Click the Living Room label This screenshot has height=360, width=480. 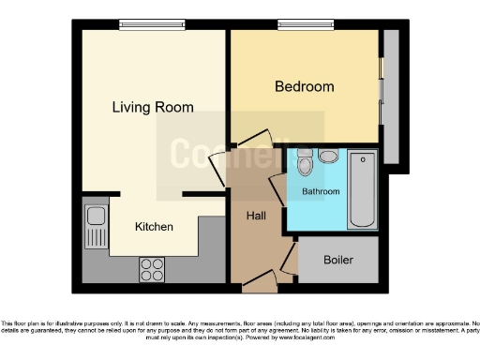click(x=153, y=107)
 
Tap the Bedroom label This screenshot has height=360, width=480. click(x=304, y=87)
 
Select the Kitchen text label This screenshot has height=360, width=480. click(x=154, y=226)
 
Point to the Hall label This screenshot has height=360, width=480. click(x=256, y=216)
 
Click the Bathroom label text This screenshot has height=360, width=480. click(x=321, y=191)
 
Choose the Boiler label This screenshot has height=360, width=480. click(x=338, y=260)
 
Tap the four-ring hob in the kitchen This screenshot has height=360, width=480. click(x=152, y=269)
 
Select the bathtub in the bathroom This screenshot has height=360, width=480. click(x=361, y=191)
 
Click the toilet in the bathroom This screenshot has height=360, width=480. click(x=304, y=164)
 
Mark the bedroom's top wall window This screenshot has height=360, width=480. click(x=297, y=26)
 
